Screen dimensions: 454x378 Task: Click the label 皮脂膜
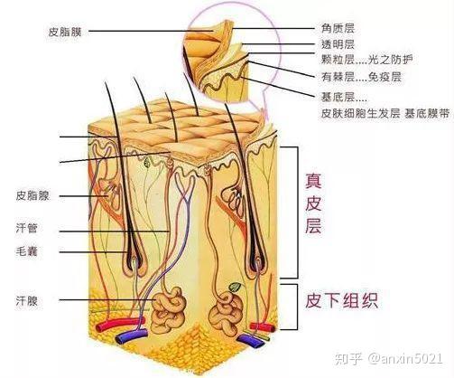coord(65,32)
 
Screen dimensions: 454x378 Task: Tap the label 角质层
coord(338,29)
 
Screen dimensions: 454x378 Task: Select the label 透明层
coord(338,44)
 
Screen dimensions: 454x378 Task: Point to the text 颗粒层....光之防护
coord(367,60)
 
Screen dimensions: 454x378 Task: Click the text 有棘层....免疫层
coord(362,77)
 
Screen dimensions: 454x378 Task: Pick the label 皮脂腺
coord(32,196)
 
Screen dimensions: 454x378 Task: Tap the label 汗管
coord(27,228)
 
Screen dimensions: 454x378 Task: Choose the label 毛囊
coord(27,251)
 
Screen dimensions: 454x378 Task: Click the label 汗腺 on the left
coord(27,300)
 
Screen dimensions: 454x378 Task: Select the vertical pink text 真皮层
coord(313,203)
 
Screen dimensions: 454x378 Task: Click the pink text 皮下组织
coord(341,300)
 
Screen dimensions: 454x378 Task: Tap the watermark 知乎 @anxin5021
coord(389,359)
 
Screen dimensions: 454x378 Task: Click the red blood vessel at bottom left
coord(120,324)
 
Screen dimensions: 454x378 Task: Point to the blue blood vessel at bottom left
coord(132,336)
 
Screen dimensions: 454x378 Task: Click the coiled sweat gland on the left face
coord(168,310)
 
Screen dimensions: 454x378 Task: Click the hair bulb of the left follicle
coord(134,266)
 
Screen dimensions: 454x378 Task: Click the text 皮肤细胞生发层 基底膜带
coord(385,114)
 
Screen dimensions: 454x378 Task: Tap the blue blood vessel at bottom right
coord(249,341)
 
